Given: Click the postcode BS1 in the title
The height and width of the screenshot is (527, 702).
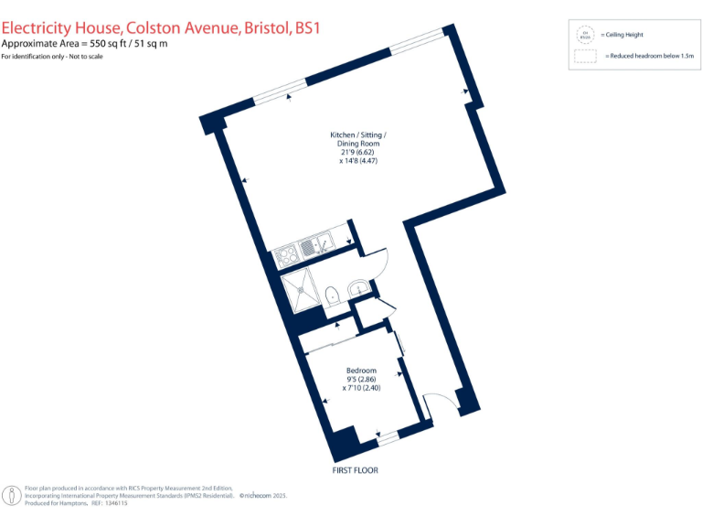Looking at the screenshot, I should pos(306,29).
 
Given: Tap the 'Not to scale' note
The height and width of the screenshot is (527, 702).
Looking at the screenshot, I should pos(84,57).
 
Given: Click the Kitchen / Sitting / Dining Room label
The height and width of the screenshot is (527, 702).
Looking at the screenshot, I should pos(353,139).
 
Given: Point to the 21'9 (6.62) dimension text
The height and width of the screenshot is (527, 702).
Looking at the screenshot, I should pos(353,152).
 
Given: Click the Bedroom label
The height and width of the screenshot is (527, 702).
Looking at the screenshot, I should pos(359,369).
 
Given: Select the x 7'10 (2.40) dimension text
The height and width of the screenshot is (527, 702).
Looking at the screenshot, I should pos(360,388).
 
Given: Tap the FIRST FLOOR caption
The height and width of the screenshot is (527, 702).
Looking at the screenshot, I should pos(355,470).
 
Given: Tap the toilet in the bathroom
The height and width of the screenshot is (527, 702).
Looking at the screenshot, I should pos(334,295).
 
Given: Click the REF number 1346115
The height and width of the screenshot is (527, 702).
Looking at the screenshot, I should pos(115,503).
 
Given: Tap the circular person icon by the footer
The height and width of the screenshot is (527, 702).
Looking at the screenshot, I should pos(11,496).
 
